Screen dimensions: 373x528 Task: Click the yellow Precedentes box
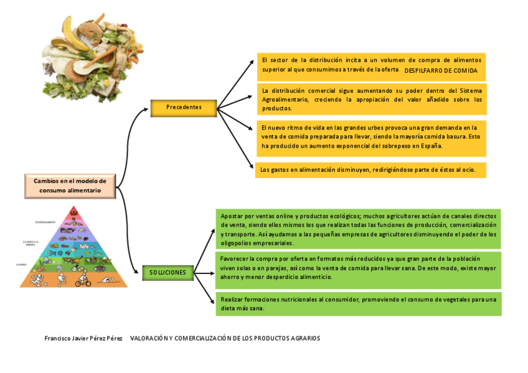184,108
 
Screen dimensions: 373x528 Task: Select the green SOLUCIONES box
167,273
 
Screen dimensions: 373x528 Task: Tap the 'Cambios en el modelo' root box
70,186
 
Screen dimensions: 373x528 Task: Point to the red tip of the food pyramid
74,210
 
